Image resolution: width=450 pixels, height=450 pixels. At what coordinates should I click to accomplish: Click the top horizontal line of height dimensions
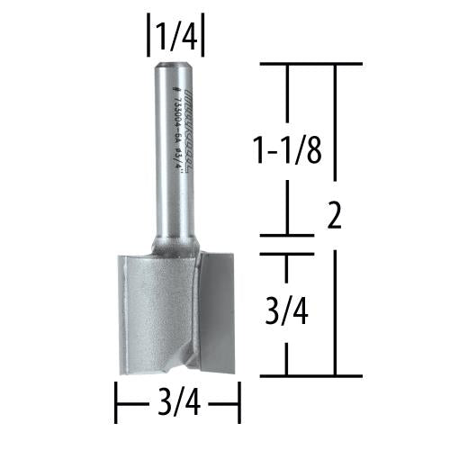pyautogui.click(x=310, y=64)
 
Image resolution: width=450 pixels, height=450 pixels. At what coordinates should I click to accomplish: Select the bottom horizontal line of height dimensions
pyautogui.click(x=310, y=374)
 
